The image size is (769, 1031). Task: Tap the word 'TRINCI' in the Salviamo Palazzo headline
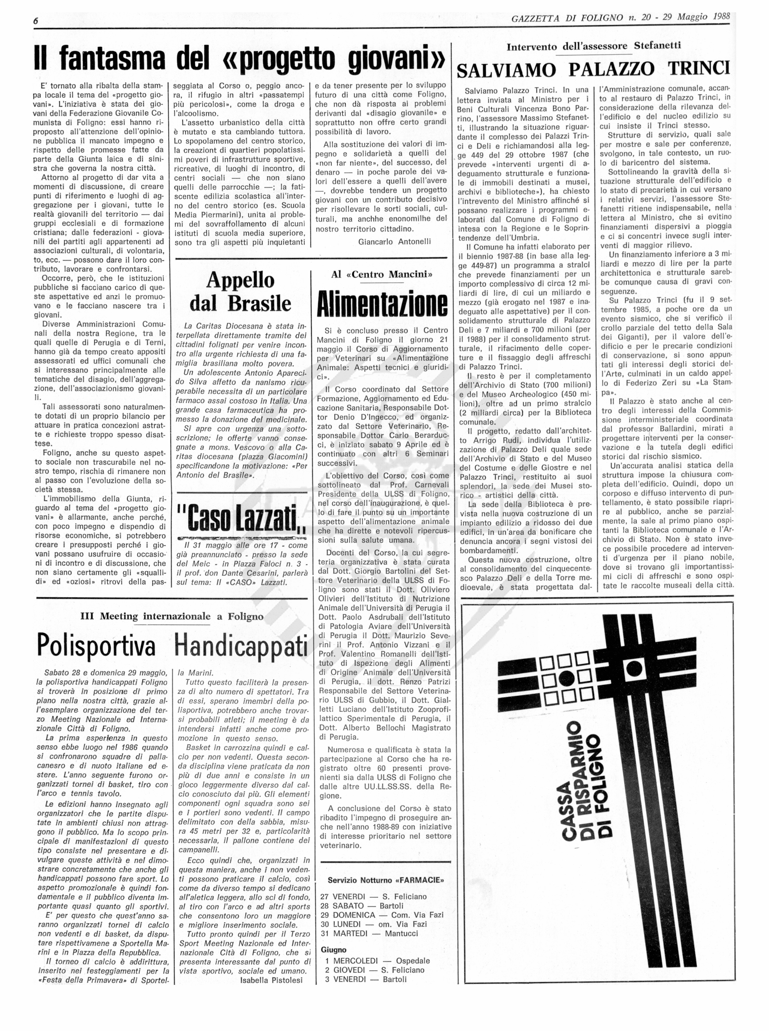click(x=698, y=69)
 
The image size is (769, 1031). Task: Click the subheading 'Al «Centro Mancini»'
click(x=382, y=274)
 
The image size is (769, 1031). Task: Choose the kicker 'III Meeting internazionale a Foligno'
click(x=172, y=616)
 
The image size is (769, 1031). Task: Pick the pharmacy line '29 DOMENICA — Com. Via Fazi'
click(x=382, y=915)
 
